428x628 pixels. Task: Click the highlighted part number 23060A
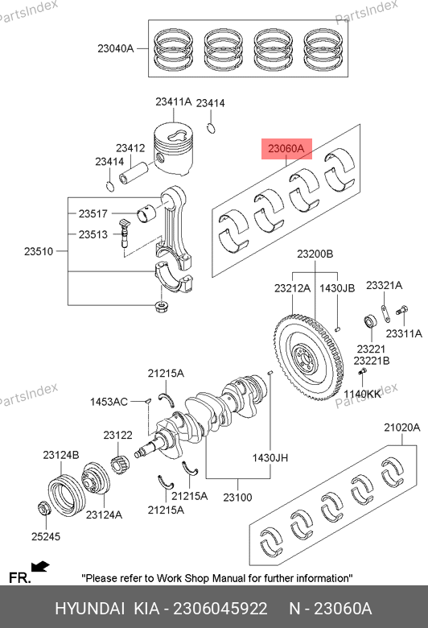[286, 149]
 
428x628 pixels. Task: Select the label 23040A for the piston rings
[115, 48]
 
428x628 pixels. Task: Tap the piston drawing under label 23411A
[173, 149]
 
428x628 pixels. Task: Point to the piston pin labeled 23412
[134, 173]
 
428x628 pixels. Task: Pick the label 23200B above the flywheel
[315, 254]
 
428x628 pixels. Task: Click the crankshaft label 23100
[237, 498]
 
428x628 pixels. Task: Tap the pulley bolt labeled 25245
[43, 508]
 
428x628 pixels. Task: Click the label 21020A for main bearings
[402, 428]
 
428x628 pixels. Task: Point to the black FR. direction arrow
[40, 567]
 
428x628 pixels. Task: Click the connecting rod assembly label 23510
[39, 251]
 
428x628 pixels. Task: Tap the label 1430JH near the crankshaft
[270, 458]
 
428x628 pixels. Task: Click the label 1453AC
[109, 401]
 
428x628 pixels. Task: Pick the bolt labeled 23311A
[401, 310]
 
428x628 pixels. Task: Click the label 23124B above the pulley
[61, 455]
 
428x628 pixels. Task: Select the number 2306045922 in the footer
[220, 609]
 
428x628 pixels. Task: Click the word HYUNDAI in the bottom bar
[89, 609]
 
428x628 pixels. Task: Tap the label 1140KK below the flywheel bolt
[362, 394]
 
